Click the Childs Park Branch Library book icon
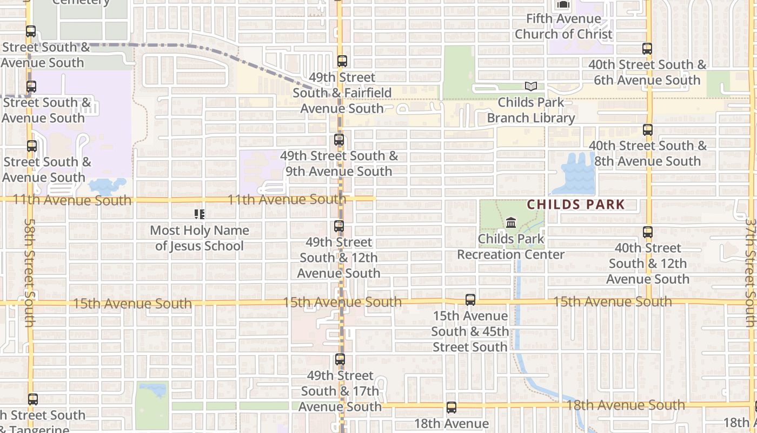(531, 86)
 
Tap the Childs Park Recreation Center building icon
(511, 222)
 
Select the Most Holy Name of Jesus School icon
(200, 214)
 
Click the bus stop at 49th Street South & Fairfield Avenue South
(342, 61)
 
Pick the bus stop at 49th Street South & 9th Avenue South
(339, 140)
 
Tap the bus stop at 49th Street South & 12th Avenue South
(339, 226)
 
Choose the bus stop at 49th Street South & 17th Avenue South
(340, 359)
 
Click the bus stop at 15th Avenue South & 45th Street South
(470, 299)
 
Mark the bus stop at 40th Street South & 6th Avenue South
(647, 49)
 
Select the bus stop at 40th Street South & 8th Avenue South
(648, 130)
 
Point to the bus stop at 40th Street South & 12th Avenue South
(648, 232)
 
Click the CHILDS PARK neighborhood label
(576, 205)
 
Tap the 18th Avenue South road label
(625, 405)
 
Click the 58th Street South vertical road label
(30, 272)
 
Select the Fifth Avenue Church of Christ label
(563, 26)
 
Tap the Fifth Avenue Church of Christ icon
(563, 5)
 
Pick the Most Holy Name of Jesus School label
(200, 238)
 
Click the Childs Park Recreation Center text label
(511, 246)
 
